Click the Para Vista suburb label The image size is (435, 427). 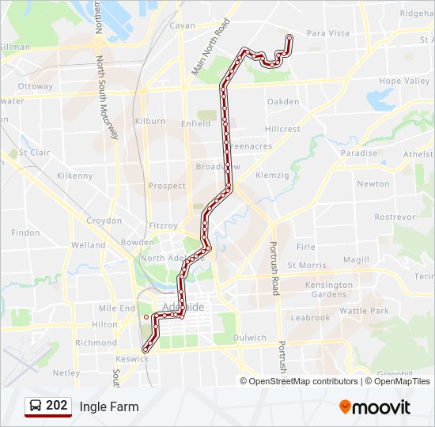click(x=327, y=33)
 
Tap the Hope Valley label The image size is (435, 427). click(x=404, y=81)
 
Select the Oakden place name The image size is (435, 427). click(x=283, y=101)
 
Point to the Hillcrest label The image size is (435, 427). click(x=282, y=129)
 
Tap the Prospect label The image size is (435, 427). click(x=167, y=186)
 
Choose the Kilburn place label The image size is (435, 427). click(x=149, y=121)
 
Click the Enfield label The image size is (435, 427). click(x=195, y=123)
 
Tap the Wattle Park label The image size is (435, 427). click(x=364, y=311)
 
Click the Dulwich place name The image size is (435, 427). click(x=250, y=338)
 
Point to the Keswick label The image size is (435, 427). click(x=131, y=358)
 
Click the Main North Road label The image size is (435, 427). click(x=210, y=47)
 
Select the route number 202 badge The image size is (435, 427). click(x=57, y=406)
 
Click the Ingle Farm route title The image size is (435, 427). click(x=108, y=407)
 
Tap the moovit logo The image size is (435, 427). click(x=375, y=407)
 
